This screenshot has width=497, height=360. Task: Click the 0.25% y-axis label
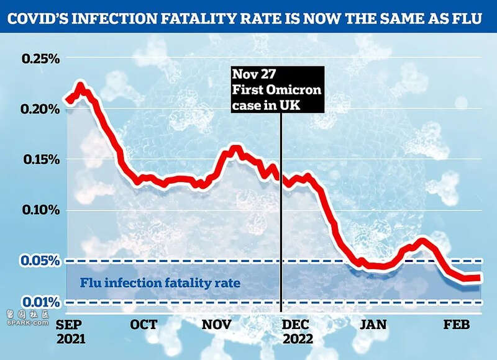40,58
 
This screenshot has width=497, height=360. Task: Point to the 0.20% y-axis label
40,109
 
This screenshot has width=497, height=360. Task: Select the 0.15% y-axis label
42,160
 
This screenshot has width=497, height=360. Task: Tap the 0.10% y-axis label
41,210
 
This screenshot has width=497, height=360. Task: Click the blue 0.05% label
40,261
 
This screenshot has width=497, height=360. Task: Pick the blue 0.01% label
41,302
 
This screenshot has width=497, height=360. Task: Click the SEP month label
69,324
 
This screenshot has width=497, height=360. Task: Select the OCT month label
144,324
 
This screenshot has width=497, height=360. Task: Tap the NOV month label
217,324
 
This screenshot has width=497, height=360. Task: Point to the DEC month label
296,324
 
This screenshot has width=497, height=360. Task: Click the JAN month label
373,324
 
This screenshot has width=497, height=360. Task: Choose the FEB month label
457,324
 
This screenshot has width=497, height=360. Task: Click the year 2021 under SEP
71,339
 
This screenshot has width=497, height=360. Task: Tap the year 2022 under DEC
298,339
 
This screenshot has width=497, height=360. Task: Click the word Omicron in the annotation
293,90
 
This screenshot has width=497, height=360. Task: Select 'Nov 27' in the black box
254,74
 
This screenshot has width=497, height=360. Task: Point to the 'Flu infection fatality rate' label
160,282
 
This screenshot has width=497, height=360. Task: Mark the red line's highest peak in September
80,86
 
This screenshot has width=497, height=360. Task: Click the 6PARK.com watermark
27,323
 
